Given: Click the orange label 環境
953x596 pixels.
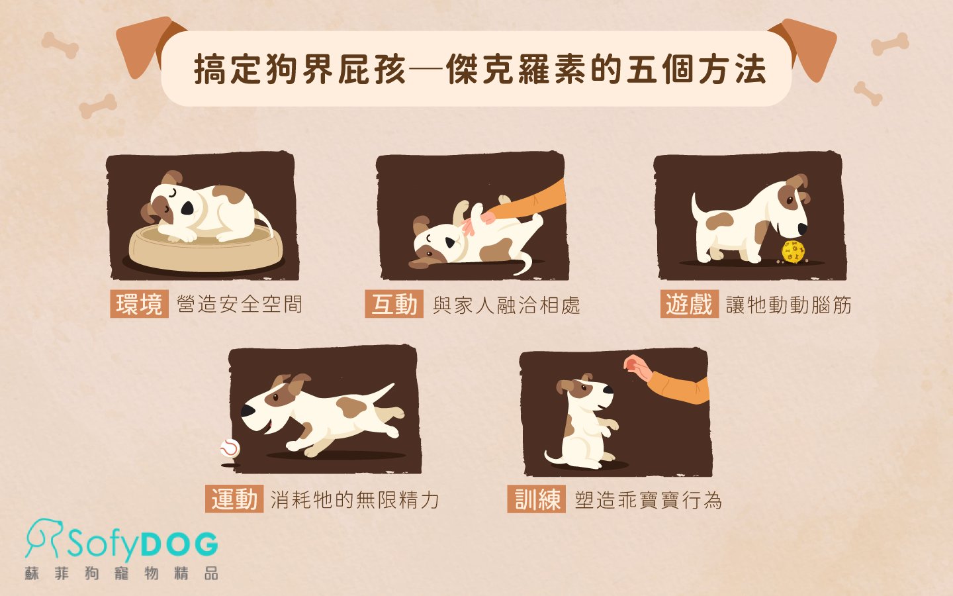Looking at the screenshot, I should tap(139, 304).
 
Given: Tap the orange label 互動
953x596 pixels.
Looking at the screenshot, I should tap(394, 305).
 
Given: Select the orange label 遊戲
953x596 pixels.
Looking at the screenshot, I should tap(689, 305).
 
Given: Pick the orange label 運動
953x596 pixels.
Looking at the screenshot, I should tap(234, 499).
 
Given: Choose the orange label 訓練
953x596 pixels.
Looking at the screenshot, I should tap(537, 499).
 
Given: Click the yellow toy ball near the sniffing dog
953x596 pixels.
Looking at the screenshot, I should tap(793, 252).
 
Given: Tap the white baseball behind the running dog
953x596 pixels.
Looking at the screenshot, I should tap(230, 448).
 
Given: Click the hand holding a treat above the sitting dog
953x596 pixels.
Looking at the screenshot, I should tap(637, 366).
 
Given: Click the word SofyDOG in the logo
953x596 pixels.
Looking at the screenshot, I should tap(142, 544).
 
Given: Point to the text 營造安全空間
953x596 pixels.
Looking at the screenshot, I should tap(240, 305).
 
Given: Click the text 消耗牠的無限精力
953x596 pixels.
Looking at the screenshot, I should tap(355, 499).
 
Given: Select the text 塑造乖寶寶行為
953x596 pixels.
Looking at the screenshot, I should tap(648, 499).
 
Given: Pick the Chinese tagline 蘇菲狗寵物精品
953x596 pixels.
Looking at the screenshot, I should tap(122, 573).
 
